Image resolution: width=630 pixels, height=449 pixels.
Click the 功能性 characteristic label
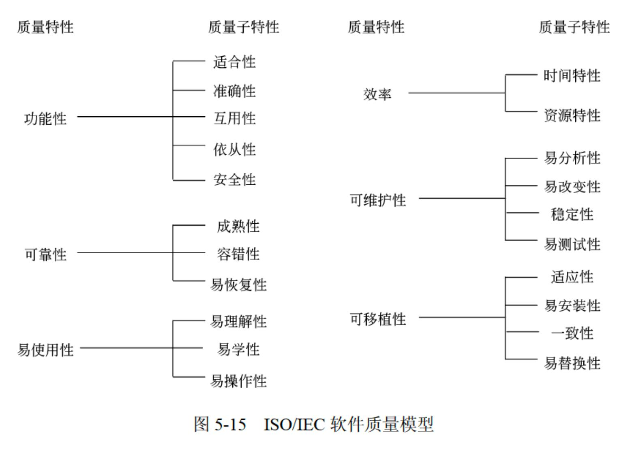[45, 119]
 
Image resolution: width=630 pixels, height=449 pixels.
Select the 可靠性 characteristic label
[45, 255]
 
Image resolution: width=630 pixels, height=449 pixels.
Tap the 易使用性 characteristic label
[45, 349]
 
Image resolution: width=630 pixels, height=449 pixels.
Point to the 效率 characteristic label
[377, 94]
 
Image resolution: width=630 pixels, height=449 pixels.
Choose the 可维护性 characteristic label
[378, 200]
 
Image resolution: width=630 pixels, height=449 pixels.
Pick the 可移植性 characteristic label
[378, 319]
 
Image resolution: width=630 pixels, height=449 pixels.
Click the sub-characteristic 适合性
[234, 62]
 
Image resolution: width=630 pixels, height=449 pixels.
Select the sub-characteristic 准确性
[234, 91]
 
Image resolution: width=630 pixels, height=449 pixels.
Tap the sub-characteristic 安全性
[234, 180]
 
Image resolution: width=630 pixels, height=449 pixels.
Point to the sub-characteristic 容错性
[238, 254]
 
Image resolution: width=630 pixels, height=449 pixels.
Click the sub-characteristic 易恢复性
[238, 285]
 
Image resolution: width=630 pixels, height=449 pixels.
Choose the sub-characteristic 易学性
[238, 349]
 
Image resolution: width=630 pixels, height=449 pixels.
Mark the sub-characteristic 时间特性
[572, 76]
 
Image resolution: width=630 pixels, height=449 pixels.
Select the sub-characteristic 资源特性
[572, 115]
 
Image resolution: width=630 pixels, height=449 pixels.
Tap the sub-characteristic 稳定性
[572, 214]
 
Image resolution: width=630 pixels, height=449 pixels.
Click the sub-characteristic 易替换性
[572, 363]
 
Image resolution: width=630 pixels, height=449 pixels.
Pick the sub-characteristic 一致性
[572, 334]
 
